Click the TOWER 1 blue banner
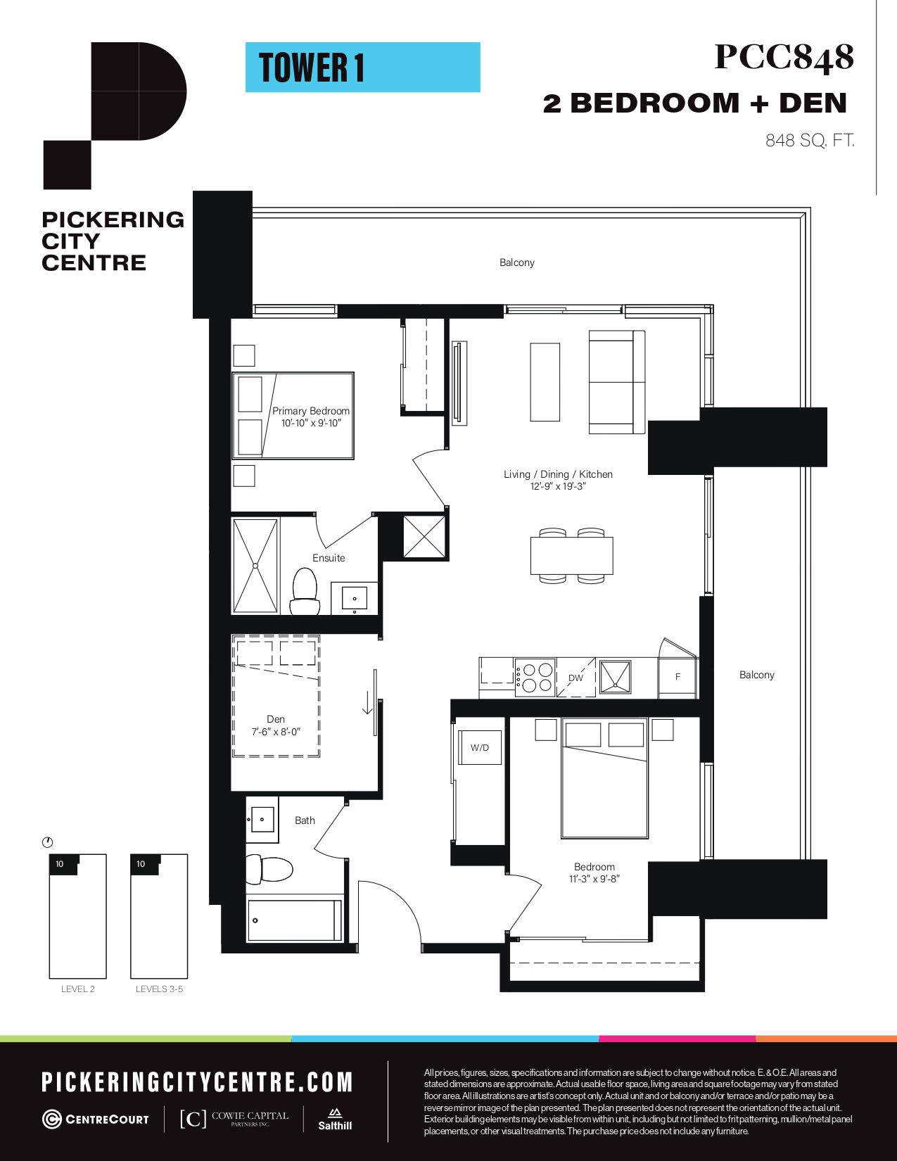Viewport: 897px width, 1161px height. [363, 68]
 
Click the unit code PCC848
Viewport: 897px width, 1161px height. [784, 57]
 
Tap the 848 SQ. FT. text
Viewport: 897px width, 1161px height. [810, 140]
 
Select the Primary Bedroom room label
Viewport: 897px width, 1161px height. [311, 411]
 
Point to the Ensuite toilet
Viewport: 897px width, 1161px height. [305, 591]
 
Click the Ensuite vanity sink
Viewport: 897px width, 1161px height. [354, 598]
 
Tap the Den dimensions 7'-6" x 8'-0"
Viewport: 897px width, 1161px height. [276, 732]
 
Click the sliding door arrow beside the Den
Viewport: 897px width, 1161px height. [367, 702]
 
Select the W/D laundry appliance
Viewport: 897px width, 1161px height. [480, 747]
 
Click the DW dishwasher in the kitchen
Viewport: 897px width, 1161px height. [576, 678]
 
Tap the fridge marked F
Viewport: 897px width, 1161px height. [677, 676]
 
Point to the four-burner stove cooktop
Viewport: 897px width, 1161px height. [535, 678]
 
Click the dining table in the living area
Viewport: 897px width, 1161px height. [572, 556]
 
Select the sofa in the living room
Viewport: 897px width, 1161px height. [617, 382]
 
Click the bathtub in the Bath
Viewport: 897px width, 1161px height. [294, 920]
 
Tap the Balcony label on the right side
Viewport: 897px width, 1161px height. [756, 675]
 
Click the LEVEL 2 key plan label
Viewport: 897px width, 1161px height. [78, 989]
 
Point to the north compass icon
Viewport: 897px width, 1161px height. [48, 842]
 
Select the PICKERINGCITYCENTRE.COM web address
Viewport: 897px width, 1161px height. [197, 1082]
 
